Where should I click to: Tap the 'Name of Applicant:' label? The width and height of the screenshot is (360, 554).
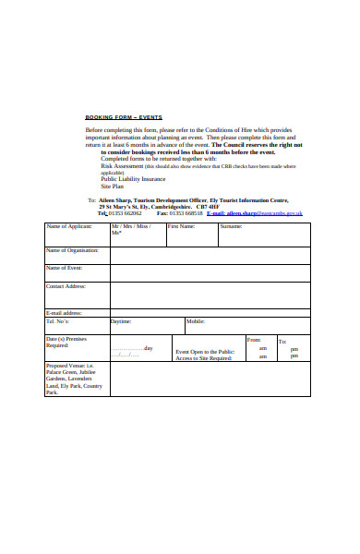click(69, 226)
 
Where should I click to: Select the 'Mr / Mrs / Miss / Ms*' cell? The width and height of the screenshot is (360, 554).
click(130, 230)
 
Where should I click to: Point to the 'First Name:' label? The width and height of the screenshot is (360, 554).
click(181, 226)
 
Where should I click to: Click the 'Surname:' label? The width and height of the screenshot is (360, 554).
click(231, 226)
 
